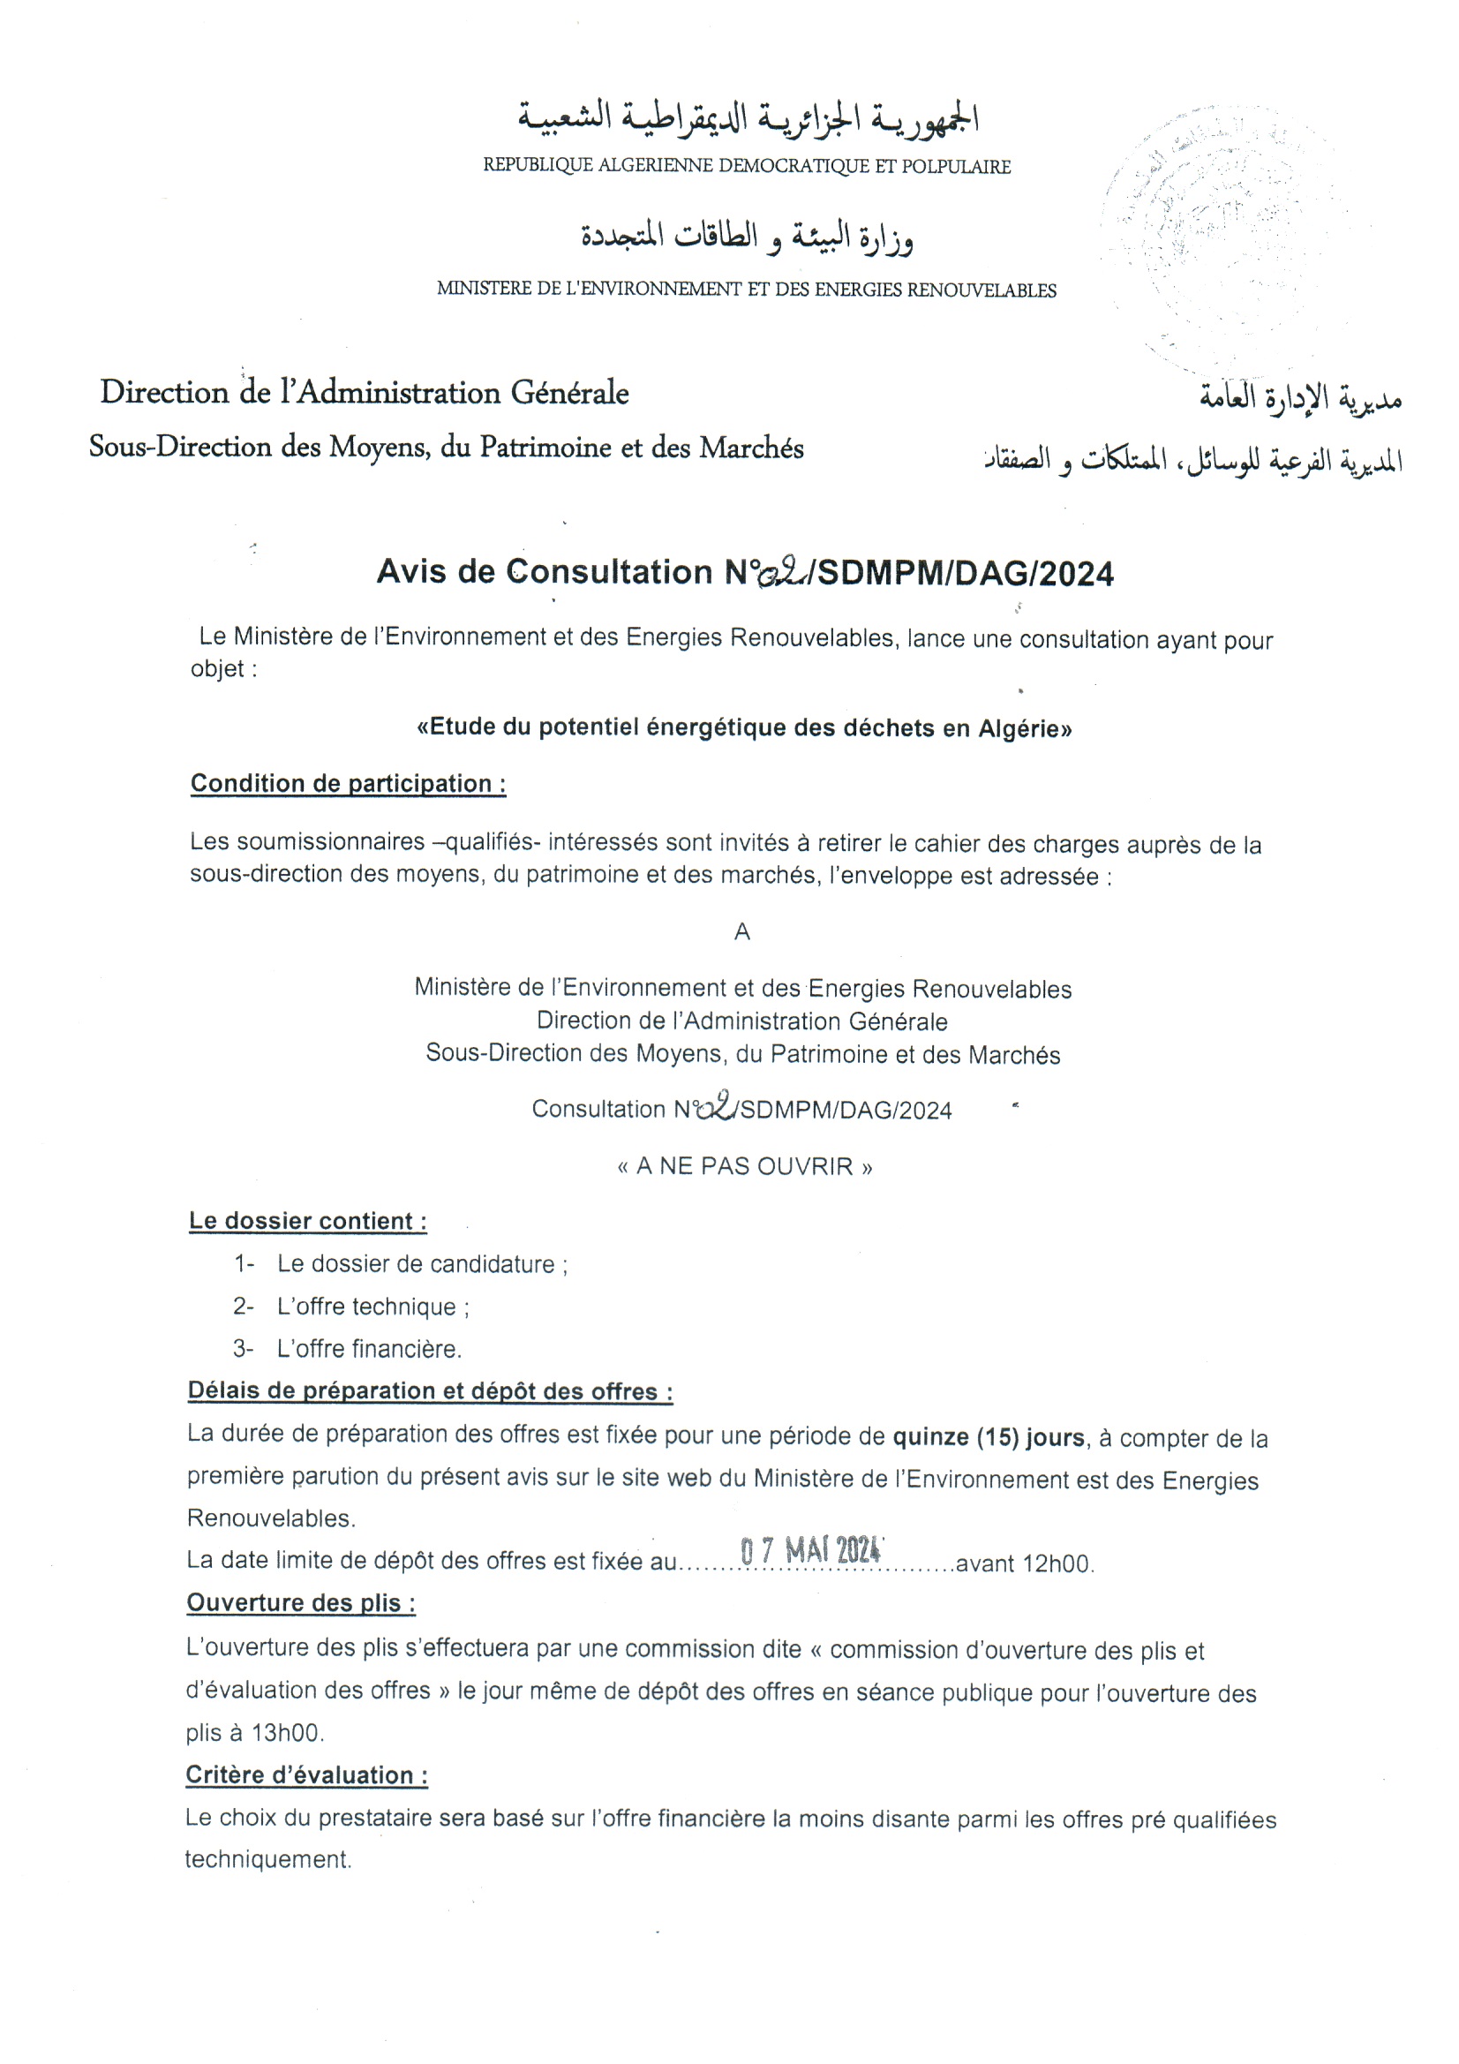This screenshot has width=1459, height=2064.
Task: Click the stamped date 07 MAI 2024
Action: click(810, 1551)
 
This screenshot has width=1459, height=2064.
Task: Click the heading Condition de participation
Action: click(348, 784)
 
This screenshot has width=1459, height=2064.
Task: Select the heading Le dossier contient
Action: click(307, 1221)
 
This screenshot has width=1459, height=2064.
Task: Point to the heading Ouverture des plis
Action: click(300, 1603)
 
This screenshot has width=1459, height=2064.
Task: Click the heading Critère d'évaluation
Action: click(305, 1775)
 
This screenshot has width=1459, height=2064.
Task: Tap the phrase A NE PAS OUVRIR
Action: click(744, 1167)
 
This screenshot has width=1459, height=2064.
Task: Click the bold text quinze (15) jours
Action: click(988, 1437)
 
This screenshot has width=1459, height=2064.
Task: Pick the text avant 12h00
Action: click(1024, 1564)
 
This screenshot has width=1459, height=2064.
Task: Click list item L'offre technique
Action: click(372, 1307)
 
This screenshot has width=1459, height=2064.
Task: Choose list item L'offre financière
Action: click(369, 1348)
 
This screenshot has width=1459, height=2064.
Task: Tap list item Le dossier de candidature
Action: click(422, 1264)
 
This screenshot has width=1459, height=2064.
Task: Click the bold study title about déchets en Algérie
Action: click(744, 727)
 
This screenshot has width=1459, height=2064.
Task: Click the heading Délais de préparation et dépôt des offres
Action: click(430, 1391)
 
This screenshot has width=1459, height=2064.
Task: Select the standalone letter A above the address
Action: click(741, 932)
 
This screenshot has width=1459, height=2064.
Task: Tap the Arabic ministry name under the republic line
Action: click(746, 237)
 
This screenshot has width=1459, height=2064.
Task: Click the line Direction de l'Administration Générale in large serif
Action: click(364, 393)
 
